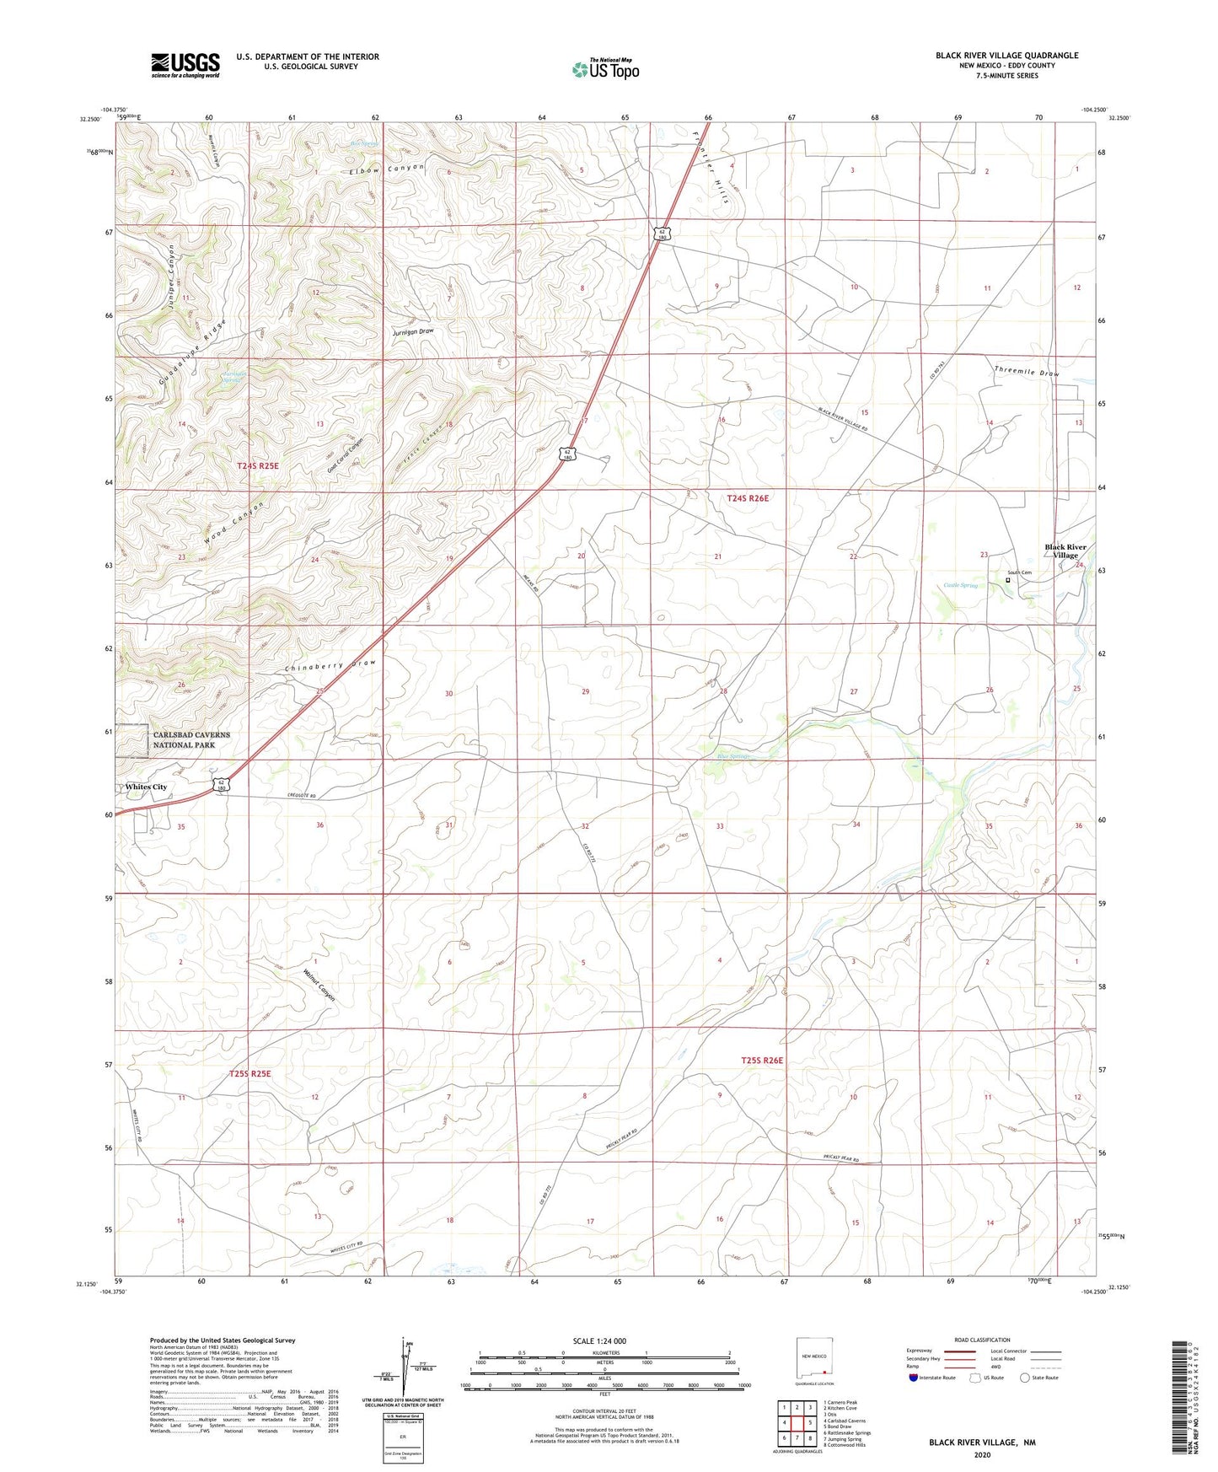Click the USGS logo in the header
(x=185, y=65)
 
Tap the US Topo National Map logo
(x=605, y=68)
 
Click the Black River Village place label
(x=1065, y=551)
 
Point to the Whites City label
(x=146, y=787)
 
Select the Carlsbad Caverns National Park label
(x=190, y=739)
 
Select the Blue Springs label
(x=732, y=756)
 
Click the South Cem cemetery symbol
(x=1008, y=580)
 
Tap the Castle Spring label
(x=960, y=585)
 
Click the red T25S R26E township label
(x=762, y=1060)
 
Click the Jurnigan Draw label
(x=412, y=331)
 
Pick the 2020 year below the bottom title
(x=981, y=1454)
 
